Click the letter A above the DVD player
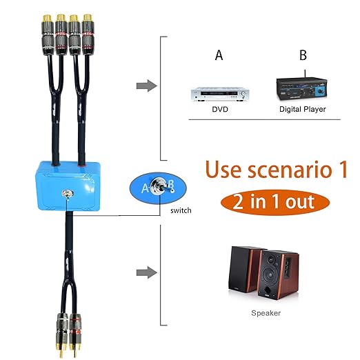pyautogui.click(x=219, y=55)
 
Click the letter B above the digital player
pyautogui.click(x=303, y=55)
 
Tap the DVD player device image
pyautogui.click(x=220, y=94)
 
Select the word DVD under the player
pyautogui.click(x=220, y=109)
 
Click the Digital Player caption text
pyautogui.click(x=303, y=109)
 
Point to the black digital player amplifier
pyautogui.click(x=302, y=88)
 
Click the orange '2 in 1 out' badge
pyautogui.click(x=275, y=202)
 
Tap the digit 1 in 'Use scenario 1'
pyautogui.click(x=343, y=170)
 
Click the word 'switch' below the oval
pyautogui.click(x=181, y=210)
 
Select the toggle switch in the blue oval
pyautogui.click(x=161, y=186)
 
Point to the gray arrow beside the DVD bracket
pyautogui.click(x=147, y=86)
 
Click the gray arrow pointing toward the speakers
pyautogui.click(x=147, y=272)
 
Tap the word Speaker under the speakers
pyautogui.click(x=266, y=313)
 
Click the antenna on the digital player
pyautogui.click(x=305, y=74)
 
